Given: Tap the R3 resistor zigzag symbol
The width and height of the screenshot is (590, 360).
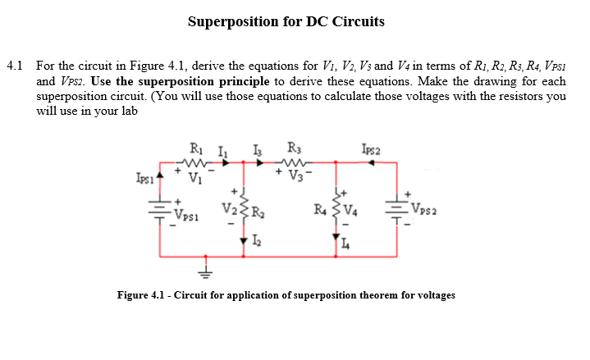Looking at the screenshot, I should click(x=292, y=162).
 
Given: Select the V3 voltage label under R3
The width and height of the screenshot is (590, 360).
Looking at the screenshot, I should click(x=293, y=175).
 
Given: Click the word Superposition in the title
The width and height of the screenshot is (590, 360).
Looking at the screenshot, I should click(x=234, y=21).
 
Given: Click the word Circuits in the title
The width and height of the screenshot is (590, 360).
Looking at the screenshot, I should click(x=357, y=21).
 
